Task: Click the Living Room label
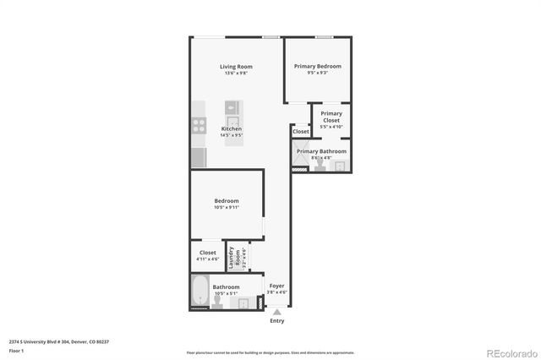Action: point(236,67)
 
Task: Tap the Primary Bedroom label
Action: point(317,66)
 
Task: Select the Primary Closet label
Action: point(331,117)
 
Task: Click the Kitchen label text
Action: point(231,128)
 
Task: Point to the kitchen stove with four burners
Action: point(199,125)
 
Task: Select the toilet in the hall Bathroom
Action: point(217,303)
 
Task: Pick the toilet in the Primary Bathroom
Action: point(320,166)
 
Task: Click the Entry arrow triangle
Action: point(276,313)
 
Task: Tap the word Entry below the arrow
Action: point(276,321)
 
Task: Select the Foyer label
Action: point(276,286)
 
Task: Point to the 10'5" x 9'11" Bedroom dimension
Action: point(227,207)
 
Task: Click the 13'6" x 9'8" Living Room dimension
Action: point(236,74)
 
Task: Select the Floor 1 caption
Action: point(16,350)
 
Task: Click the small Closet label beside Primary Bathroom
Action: point(301,132)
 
